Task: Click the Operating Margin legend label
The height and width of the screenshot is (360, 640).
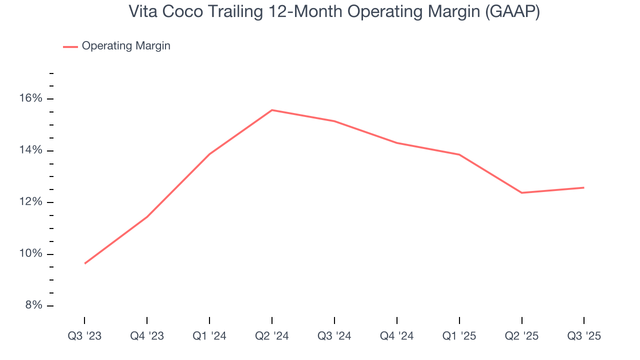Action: (126, 46)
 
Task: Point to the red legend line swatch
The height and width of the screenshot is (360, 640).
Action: (70, 46)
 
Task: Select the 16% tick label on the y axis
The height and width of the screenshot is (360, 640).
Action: (31, 98)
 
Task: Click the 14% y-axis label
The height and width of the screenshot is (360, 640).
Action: (31, 150)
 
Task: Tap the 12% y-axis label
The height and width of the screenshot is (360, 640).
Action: (31, 202)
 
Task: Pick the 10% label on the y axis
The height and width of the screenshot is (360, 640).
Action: (31, 254)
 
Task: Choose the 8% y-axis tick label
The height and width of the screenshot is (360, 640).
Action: (34, 305)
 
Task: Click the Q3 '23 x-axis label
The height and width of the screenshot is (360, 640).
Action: (84, 336)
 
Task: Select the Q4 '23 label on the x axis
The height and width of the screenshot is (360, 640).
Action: (147, 336)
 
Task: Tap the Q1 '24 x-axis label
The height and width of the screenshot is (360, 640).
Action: (209, 336)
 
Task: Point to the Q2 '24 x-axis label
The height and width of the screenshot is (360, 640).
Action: (271, 336)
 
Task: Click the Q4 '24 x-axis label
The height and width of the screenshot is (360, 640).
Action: (396, 336)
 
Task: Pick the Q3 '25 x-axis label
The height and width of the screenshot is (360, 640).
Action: (584, 336)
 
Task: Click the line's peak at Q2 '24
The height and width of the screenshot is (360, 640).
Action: (271, 110)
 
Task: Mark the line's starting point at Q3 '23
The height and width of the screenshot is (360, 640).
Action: (84, 263)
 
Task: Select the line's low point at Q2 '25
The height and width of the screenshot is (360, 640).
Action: (521, 192)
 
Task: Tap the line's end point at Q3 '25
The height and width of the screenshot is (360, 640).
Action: (584, 187)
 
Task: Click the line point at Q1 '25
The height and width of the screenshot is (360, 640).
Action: (459, 154)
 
